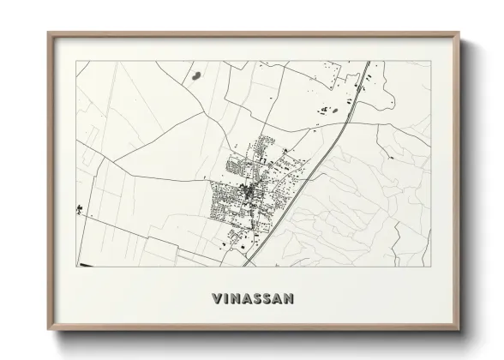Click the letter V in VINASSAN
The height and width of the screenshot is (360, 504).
coord(215,299)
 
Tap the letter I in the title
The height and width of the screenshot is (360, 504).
coord(225,299)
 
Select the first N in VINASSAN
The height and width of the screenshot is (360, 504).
coord(235,299)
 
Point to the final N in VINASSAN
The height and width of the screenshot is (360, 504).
coord(289,299)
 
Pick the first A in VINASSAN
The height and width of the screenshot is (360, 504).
coord(246,299)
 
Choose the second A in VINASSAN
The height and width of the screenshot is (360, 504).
coord(278,299)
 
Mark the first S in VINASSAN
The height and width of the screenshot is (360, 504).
coord(256,299)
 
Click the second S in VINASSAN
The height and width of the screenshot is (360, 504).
coord(267,299)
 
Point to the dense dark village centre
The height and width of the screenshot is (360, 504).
coord(249,194)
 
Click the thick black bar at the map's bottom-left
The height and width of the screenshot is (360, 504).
coord(86,264)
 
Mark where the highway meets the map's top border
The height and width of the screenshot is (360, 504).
coord(368,62)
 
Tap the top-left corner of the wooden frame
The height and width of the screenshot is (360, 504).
coord(49,33)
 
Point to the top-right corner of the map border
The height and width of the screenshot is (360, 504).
coord(428,62)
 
